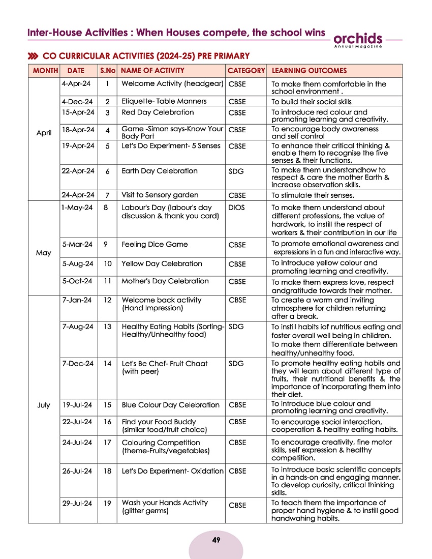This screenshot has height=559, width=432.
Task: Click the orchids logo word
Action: click(357, 39)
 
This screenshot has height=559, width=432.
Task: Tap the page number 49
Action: click(216, 540)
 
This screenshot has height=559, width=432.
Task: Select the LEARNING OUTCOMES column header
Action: click(309, 71)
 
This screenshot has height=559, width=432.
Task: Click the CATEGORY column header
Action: click(246, 71)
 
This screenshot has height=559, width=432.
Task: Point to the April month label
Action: click(44, 133)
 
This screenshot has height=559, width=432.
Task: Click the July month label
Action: click(44, 405)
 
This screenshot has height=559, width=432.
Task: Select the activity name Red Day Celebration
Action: click(158, 112)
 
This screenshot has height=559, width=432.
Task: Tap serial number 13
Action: click(107, 327)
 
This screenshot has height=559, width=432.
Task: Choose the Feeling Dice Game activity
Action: click(155, 245)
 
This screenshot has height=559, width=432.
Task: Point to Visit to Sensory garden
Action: click(160, 195)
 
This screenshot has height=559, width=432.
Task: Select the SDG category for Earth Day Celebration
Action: click(236, 171)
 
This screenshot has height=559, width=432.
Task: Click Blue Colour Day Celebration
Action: click(170, 405)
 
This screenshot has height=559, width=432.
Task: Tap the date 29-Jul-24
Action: click(77, 503)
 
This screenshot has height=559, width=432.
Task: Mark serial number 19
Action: click(107, 503)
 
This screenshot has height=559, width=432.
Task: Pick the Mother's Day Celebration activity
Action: click(165, 281)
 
